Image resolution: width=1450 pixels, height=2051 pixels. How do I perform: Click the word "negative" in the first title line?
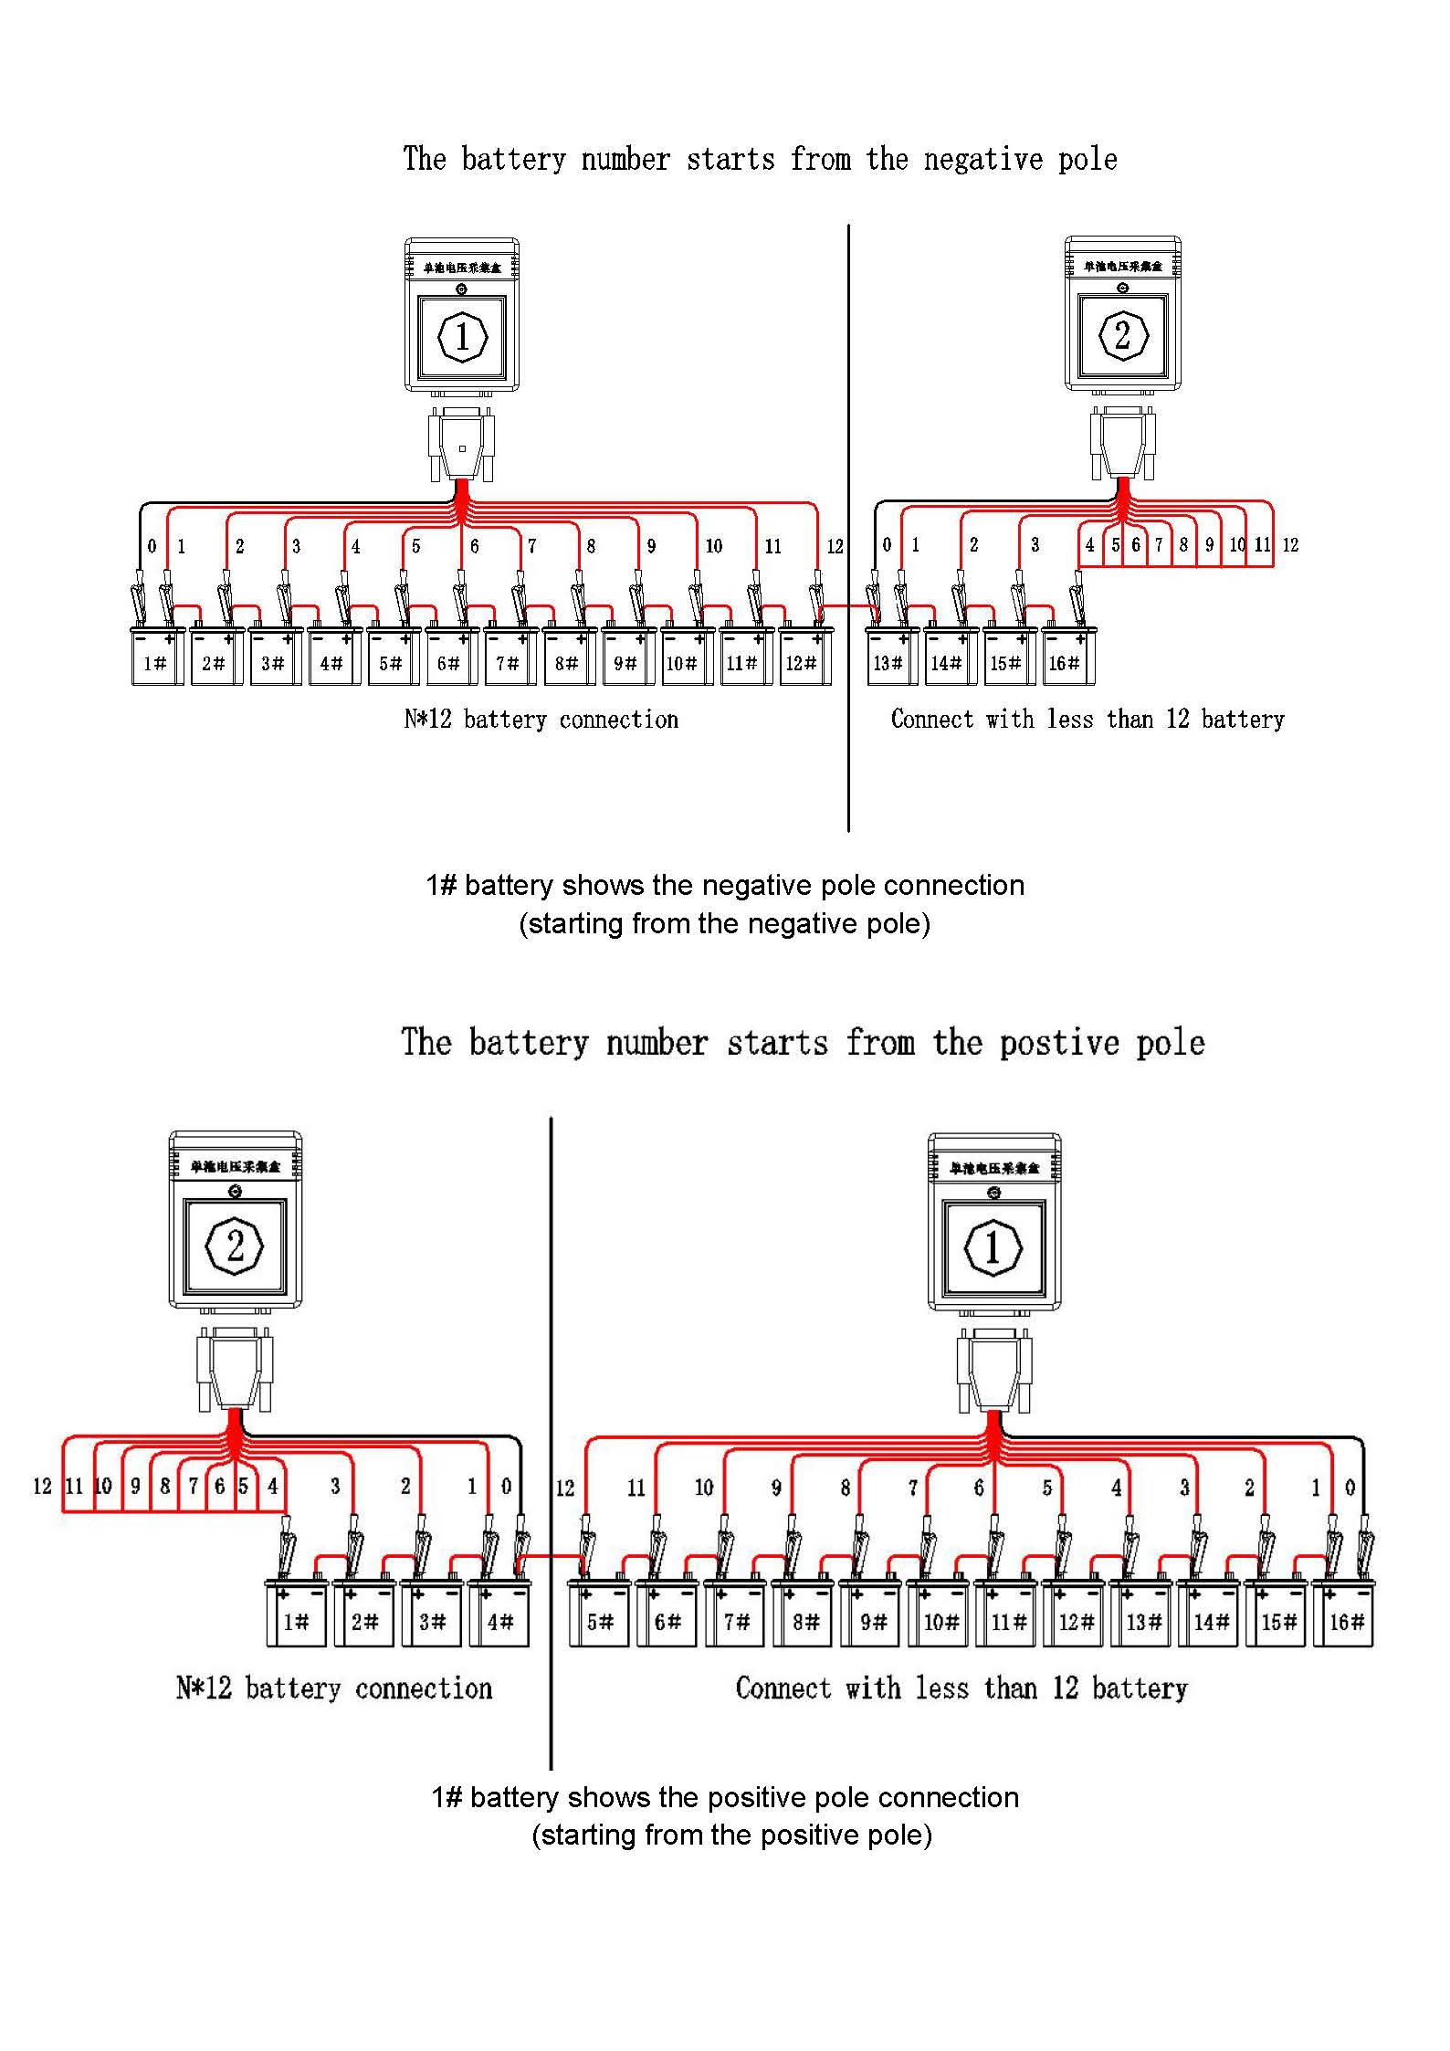[982, 160]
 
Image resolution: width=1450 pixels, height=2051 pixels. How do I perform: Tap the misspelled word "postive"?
[1059, 1043]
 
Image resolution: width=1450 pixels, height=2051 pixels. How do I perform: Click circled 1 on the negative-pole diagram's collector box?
[462, 336]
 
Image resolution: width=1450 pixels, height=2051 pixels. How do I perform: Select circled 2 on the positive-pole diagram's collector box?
[235, 1246]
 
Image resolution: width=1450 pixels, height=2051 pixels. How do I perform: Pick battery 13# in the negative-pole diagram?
[888, 657]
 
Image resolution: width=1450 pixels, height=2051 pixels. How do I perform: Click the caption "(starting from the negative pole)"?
[724, 924]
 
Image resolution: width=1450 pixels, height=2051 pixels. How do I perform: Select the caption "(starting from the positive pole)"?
[731, 1835]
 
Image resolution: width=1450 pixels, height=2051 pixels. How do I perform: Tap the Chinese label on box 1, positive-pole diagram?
[993, 1168]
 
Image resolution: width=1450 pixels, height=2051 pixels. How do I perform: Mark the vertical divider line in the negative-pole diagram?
[848, 530]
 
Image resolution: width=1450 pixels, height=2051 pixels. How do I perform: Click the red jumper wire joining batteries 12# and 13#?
[847, 605]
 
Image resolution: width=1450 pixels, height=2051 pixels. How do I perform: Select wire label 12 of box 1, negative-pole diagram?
[835, 546]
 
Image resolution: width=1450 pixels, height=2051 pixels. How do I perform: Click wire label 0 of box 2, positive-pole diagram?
[506, 1486]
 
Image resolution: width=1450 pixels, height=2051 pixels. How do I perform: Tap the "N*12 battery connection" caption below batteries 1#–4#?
[334, 1688]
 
